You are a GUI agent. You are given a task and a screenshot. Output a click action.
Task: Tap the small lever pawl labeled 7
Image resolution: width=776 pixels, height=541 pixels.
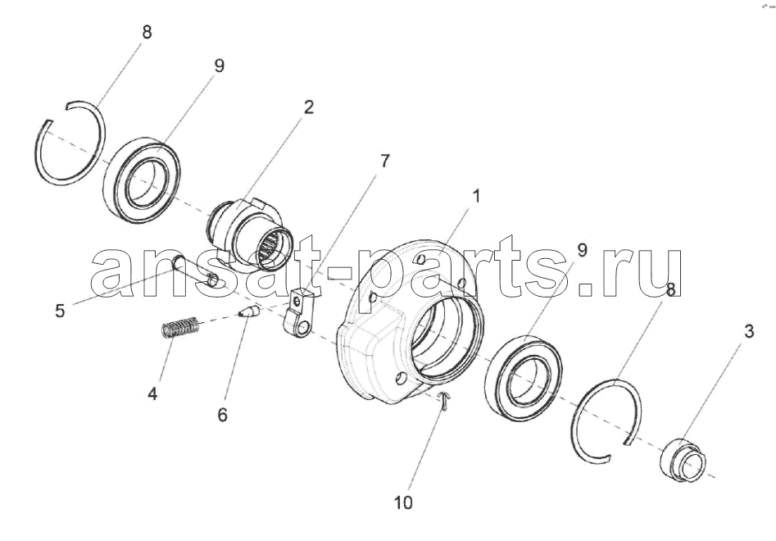pos(298,313)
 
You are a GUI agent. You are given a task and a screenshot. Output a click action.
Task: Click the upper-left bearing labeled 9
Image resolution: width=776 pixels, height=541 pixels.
pos(142,180)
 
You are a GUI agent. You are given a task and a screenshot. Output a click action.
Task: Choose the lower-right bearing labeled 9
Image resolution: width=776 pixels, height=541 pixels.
pos(524,380)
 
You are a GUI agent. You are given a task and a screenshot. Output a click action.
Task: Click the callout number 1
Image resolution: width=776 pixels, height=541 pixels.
pos(476,197)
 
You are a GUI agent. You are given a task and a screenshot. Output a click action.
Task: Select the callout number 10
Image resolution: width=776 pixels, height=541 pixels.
pos(403,503)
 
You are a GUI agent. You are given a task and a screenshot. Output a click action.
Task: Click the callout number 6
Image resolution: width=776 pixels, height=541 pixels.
pos(222,415)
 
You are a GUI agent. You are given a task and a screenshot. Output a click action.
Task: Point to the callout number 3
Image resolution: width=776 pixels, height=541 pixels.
pos(749,331)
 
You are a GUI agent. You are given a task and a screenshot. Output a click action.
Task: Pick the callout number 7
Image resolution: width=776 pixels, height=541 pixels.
pos(384,161)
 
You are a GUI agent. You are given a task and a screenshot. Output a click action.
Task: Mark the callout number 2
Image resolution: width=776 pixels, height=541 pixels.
pos(308,107)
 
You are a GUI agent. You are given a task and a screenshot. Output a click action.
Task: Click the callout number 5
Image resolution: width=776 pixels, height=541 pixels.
pos(60,311)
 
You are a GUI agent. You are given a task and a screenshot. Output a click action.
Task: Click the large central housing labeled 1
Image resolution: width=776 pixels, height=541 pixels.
pos(376,347)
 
